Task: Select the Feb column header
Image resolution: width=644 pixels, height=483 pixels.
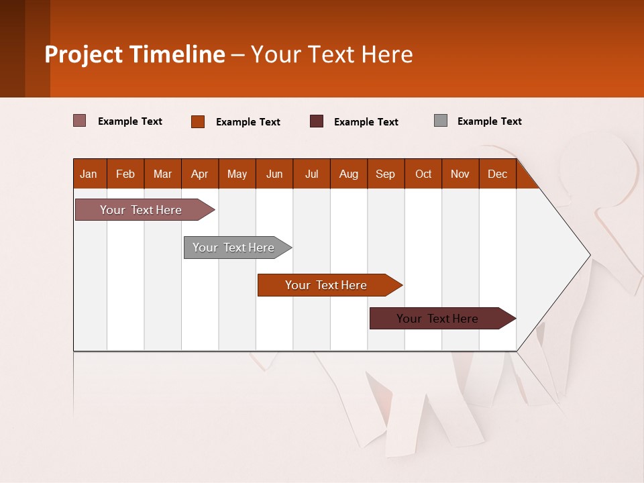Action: click(x=125, y=174)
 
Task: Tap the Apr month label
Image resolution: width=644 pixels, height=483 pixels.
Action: click(x=200, y=174)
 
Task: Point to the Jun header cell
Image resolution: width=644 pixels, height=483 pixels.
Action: click(x=274, y=174)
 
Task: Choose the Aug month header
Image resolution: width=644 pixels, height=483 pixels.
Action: click(x=349, y=174)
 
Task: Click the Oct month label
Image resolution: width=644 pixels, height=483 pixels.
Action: click(x=423, y=174)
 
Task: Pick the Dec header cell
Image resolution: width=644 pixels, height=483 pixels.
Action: click(x=497, y=174)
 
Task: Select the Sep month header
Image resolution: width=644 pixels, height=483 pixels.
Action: click(x=386, y=174)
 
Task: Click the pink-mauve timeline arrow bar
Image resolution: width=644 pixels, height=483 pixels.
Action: click(x=145, y=209)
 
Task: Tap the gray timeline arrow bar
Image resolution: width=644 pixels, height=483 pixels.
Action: click(x=237, y=248)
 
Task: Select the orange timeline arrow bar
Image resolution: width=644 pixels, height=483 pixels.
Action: click(x=330, y=285)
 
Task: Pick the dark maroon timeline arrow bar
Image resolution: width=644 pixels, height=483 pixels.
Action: click(x=443, y=318)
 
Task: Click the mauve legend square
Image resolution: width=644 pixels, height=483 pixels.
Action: click(x=79, y=121)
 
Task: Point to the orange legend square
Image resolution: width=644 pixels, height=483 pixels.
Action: click(x=198, y=121)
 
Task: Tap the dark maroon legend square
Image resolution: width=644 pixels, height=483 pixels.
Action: click(x=316, y=121)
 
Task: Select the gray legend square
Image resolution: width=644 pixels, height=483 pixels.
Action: click(x=441, y=121)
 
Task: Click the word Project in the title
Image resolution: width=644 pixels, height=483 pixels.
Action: click(x=83, y=54)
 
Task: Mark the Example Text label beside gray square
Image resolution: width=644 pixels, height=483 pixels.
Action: click(x=490, y=121)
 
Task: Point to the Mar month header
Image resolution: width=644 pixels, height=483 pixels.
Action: click(x=162, y=174)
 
